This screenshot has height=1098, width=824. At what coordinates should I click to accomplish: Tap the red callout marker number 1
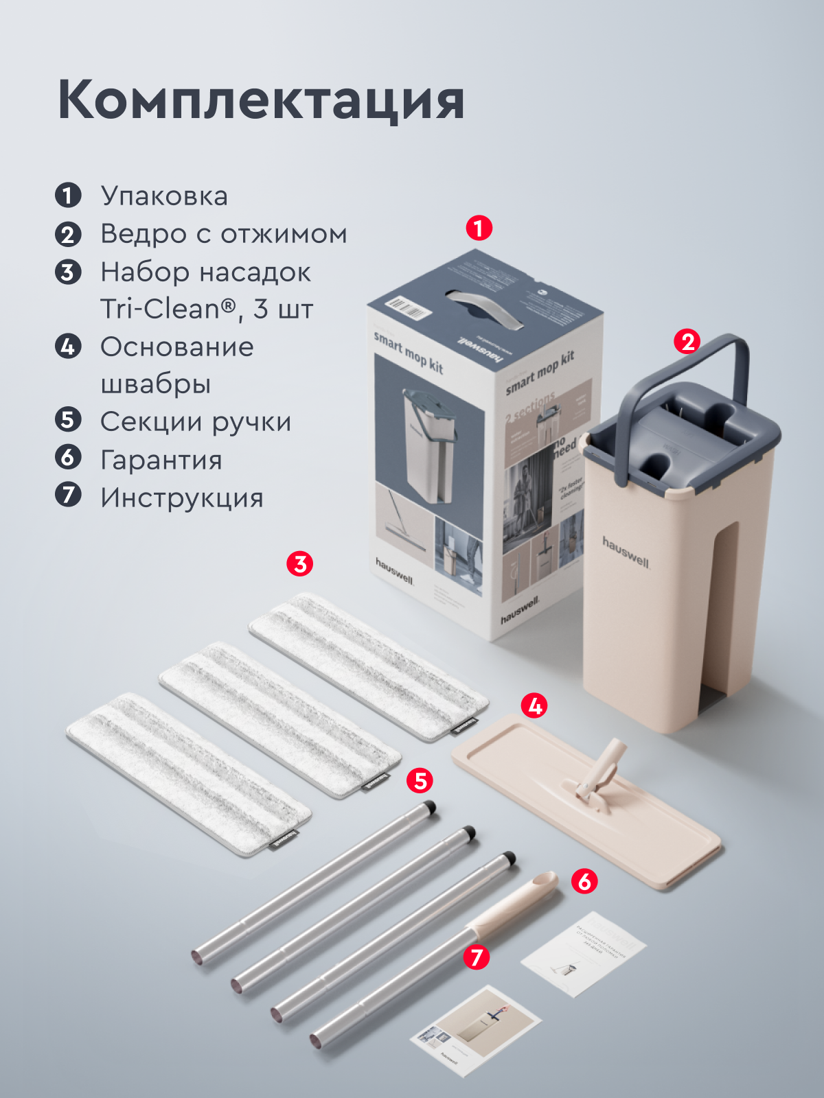(479, 228)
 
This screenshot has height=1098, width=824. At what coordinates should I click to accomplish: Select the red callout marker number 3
(299, 564)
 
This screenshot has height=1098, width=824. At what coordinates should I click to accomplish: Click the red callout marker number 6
(584, 880)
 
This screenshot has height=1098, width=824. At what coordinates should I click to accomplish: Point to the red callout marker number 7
(477, 957)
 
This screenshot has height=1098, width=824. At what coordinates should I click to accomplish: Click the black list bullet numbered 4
(68, 347)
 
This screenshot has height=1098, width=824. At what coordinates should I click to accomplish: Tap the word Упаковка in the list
(164, 196)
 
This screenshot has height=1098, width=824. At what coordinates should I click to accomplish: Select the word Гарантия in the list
(161, 460)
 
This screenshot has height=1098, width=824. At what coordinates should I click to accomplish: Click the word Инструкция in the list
(182, 498)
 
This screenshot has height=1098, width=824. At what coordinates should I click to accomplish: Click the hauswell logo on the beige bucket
(626, 552)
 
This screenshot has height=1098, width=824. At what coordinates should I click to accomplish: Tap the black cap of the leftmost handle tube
(429, 807)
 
